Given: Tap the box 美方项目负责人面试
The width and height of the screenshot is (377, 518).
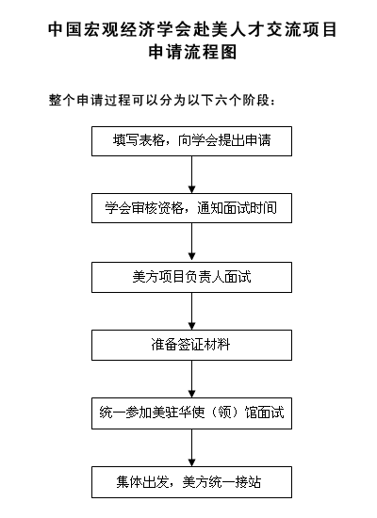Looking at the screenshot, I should coord(191,277).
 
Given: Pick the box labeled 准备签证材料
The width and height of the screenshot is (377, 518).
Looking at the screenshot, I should coord(191,345).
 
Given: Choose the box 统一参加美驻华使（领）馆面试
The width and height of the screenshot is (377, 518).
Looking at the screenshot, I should coord(191,413).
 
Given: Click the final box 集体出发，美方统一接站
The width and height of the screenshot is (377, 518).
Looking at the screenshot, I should coord(191,481).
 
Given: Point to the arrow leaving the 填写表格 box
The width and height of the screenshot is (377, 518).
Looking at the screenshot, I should coord(191,174).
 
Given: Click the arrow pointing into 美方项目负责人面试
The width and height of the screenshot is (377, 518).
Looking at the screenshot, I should coord(191,243).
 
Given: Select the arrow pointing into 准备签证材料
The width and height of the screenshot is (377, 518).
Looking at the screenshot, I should coord(191,311).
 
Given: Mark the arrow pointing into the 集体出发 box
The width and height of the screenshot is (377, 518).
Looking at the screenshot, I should coord(191,447).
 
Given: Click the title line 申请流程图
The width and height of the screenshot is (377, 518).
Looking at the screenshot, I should coord(191,54).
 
